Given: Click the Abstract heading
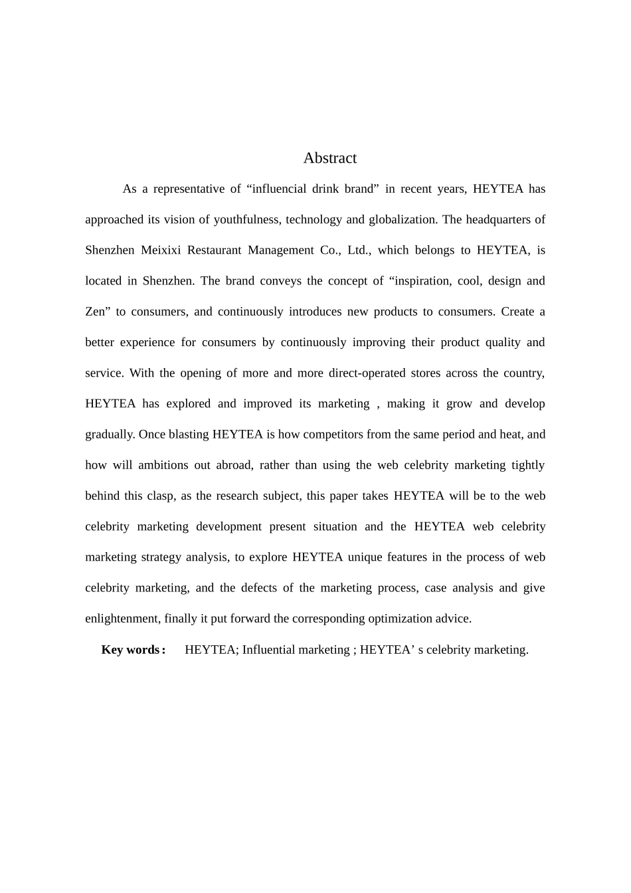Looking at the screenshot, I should pos(329,158).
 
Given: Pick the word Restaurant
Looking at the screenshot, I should pos(214,250).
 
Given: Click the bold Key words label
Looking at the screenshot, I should pos(132,650).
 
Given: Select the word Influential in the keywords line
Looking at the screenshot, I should pos(268,650).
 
